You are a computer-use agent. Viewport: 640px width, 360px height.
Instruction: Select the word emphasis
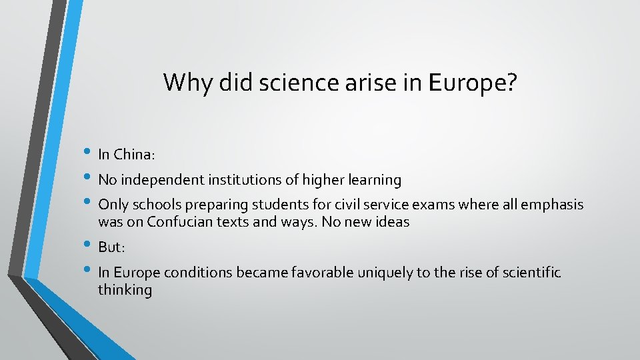[551, 205]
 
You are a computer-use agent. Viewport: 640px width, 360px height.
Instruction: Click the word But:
[111, 247]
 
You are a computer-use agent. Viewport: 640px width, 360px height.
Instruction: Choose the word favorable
[319, 273]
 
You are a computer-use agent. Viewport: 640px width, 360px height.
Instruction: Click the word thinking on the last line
[125, 290]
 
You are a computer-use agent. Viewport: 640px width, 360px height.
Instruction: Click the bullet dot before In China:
[89, 154]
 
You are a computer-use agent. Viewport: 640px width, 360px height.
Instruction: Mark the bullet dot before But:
[89, 247]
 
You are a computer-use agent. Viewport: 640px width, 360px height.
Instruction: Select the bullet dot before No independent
[89, 179]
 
